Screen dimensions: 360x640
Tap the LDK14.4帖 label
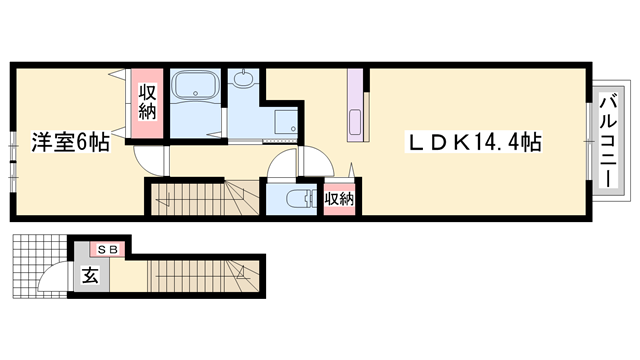[475, 143]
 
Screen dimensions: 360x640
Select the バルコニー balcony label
[607, 138]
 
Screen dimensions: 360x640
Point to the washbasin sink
[243, 80]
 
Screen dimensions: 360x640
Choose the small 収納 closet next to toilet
[340, 198]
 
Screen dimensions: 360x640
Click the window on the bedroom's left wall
[12, 154]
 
